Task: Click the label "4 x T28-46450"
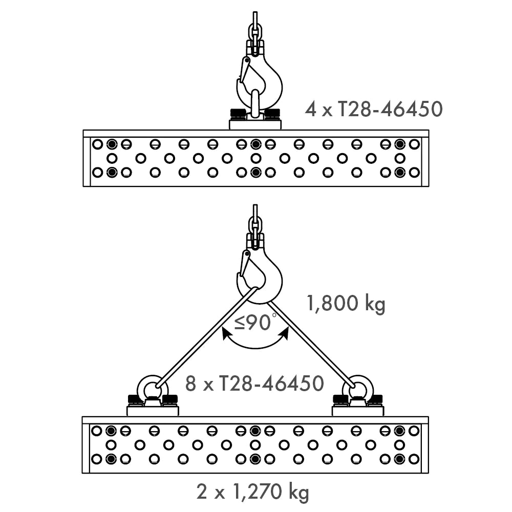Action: [373, 109]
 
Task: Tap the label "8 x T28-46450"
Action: [254, 383]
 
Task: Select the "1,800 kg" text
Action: [345, 304]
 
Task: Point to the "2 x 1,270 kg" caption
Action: [253, 493]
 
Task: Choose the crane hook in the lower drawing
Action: [266, 279]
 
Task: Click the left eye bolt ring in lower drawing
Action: [152, 388]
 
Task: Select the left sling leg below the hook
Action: [205, 338]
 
